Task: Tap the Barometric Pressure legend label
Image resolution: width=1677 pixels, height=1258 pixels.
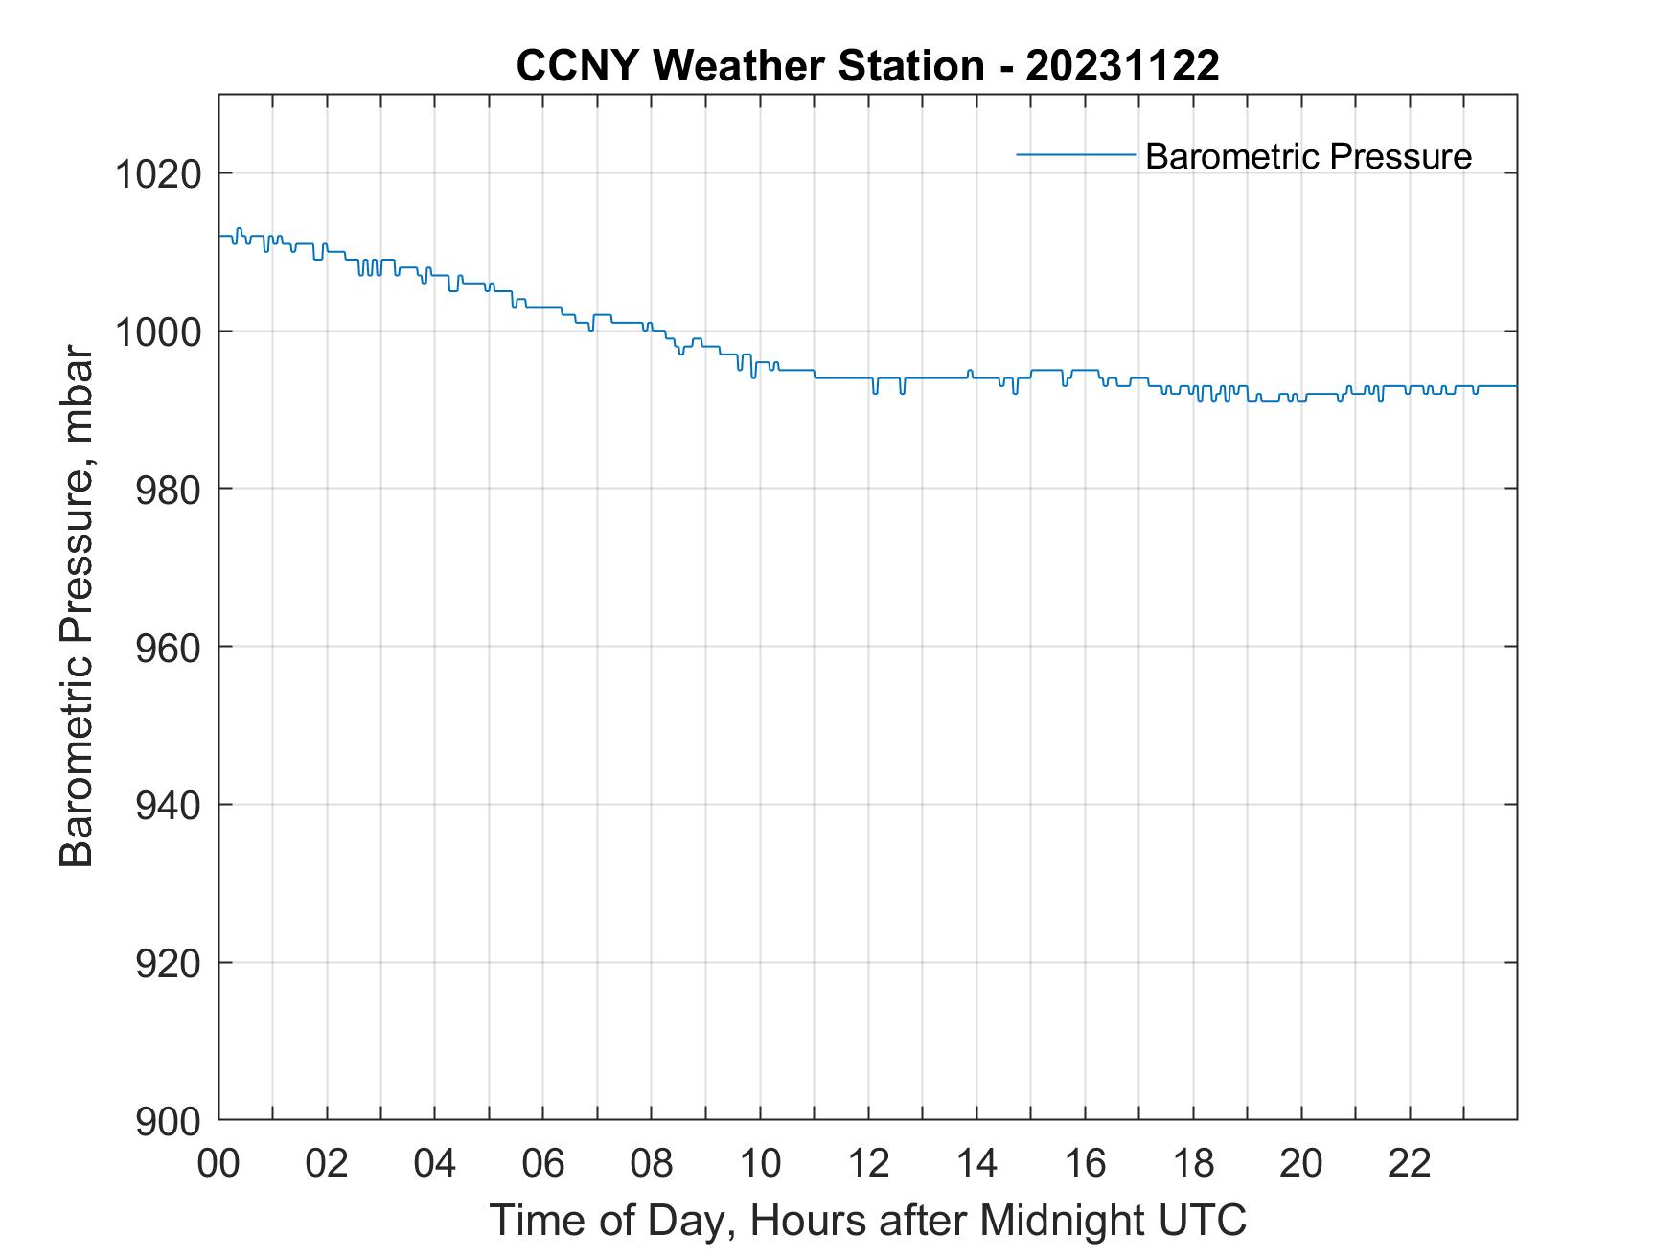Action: [x=1308, y=156]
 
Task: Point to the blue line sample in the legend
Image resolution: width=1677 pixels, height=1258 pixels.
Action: [x=1075, y=153]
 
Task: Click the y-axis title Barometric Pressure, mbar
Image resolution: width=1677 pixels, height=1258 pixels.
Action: [x=77, y=606]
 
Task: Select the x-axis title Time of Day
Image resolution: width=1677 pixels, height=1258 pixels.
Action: [x=867, y=1220]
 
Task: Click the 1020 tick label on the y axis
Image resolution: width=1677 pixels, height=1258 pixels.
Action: [x=157, y=174]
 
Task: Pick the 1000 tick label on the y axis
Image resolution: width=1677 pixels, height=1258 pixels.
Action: [x=157, y=332]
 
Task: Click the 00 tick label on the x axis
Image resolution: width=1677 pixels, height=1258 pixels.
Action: [x=219, y=1163]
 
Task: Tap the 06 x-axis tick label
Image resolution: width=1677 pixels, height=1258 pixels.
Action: [x=543, y=1163]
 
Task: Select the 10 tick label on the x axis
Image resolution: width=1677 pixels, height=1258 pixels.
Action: [x=760, y=1163]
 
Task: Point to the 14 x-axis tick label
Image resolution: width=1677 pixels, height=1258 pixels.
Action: [x=976, y=1163]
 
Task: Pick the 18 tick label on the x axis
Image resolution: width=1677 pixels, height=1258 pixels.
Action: [x=1193, y=1163]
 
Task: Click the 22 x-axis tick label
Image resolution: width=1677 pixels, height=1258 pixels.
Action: [x=1410, y=1163]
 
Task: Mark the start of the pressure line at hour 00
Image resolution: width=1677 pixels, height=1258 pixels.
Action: [x=220, y=236]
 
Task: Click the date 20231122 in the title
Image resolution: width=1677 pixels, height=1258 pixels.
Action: [x=1122, y=66]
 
